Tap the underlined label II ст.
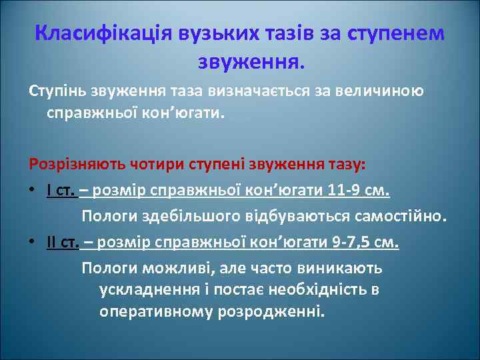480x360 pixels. (63, 242)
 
